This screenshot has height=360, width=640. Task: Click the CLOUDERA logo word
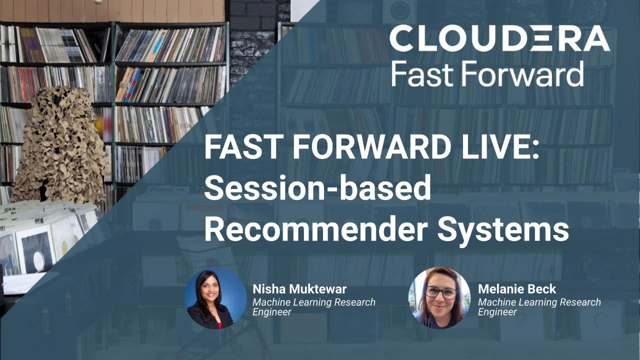point(499,39)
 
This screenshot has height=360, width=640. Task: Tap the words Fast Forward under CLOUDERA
point(487,74)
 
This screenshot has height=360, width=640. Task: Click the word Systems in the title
point(503,230)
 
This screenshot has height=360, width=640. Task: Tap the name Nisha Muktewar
point(299,289)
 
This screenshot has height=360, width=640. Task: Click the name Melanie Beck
point(517,289)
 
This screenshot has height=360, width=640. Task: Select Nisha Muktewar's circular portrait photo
point(215,297)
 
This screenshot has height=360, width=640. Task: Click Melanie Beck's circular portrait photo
point(439,297)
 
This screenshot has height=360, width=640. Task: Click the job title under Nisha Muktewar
point(313,307)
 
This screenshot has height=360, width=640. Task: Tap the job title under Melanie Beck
point(539,307)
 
